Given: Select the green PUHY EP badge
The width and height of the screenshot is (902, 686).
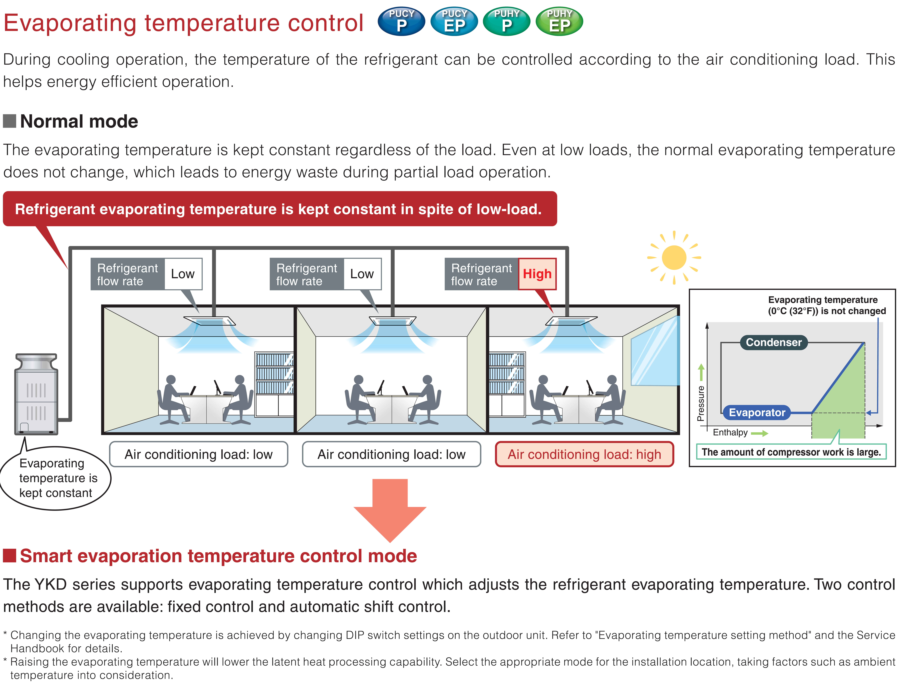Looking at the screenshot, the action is click(x=559, y=21).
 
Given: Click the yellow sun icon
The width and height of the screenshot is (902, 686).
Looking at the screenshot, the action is click(x=674, y=258).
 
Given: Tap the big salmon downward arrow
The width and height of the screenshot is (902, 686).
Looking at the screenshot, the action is click(x=390, y=510).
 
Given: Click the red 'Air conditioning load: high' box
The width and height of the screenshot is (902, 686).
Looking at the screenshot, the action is click(x=584, y=454).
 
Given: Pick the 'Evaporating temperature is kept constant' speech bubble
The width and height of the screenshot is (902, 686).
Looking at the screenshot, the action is click(x=56, y=478).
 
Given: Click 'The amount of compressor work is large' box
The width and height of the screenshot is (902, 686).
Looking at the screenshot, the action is click(x=791, y=452).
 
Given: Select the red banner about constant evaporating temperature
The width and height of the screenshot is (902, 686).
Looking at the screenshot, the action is click(x=280, y=209).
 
